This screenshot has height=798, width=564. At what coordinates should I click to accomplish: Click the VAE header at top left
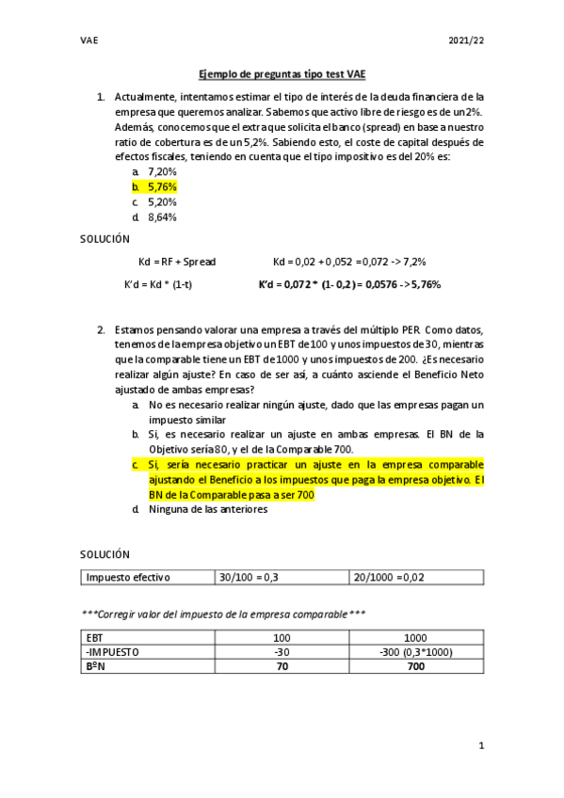tap(90, 40)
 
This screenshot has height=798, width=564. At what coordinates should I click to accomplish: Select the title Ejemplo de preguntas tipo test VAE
tap(282, 73)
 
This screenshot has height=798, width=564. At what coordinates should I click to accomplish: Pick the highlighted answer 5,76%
tap(162, 187)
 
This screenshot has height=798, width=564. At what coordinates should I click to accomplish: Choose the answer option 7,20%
tap(162, 172)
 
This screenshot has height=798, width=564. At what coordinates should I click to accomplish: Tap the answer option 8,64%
tap(162, 217)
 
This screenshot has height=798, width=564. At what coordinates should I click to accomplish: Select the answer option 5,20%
tap(162, 202)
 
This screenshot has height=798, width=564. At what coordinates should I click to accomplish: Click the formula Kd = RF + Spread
tap(176, 261)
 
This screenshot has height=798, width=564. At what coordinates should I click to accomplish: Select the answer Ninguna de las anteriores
tap(207, 509)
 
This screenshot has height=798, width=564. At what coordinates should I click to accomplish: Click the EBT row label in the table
tap(95, 637)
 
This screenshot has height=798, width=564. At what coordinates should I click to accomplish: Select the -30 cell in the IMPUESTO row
tap(282, 651)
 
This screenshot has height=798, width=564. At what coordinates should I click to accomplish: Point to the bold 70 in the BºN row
tap(282, 665)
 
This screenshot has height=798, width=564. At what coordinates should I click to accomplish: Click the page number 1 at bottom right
tap(480, 746)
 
